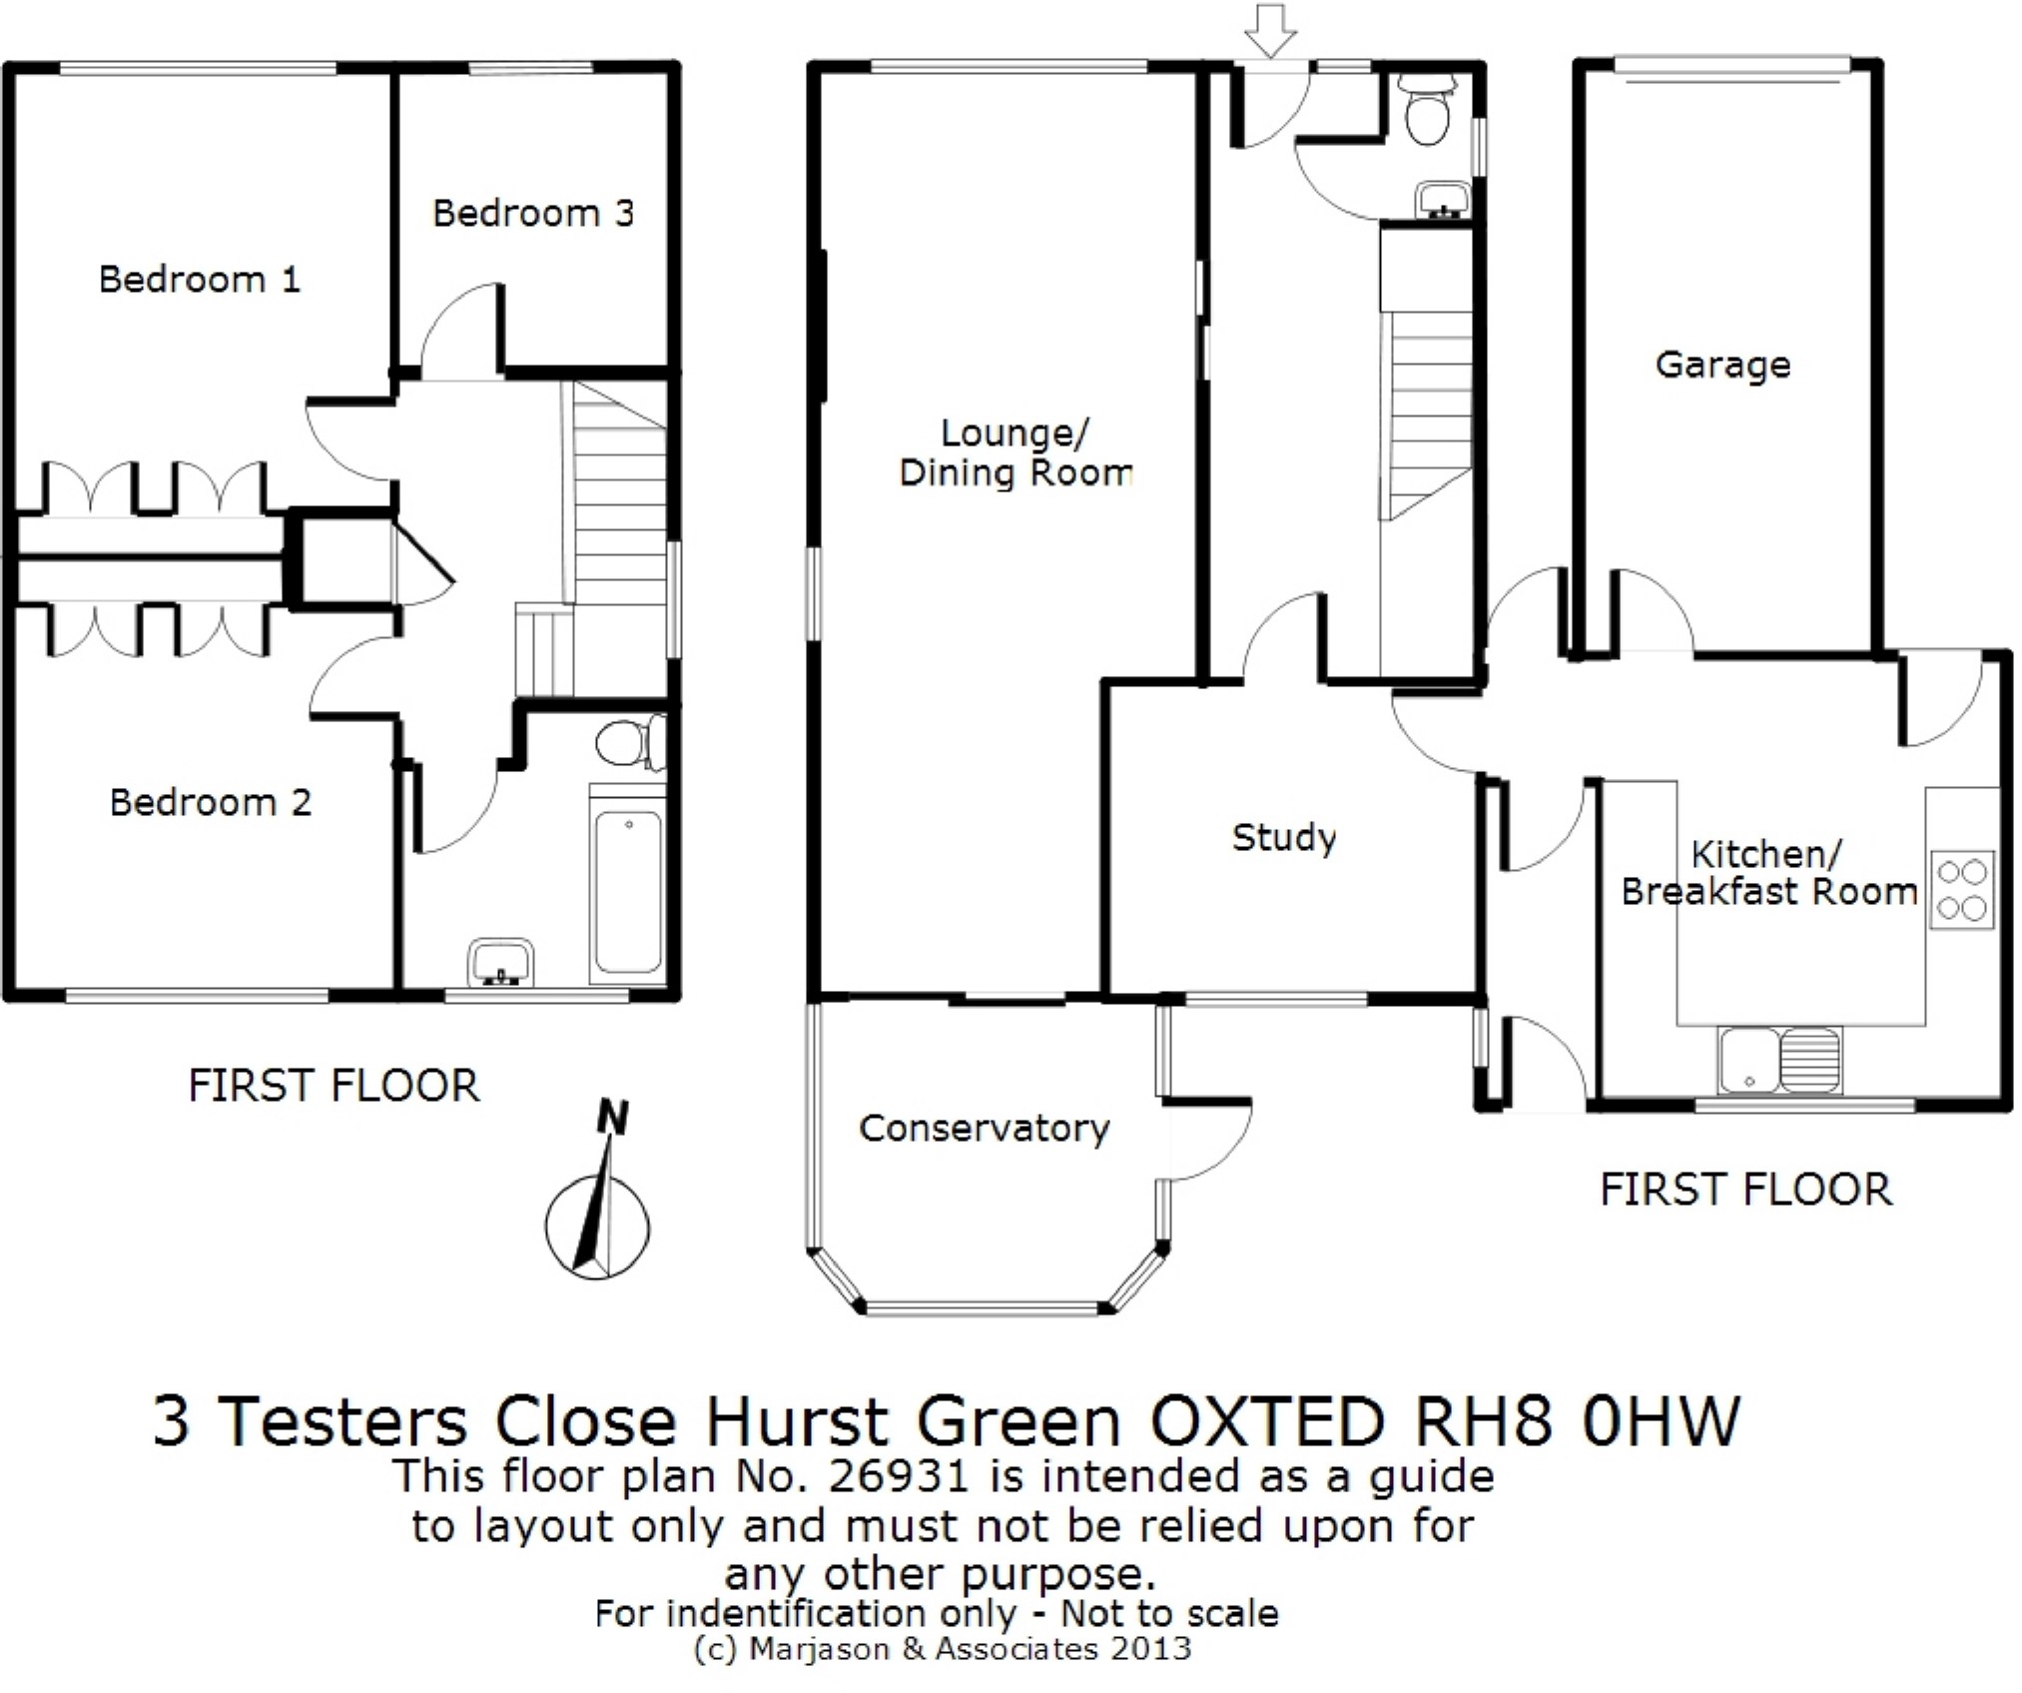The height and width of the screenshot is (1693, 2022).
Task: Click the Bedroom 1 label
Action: click(x=199, y=280)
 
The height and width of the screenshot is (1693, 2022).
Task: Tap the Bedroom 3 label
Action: click(x=532, y=213)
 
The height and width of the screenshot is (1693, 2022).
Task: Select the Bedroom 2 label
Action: click(x=210, y=803)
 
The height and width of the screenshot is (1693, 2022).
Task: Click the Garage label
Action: click(x=1722, y=366)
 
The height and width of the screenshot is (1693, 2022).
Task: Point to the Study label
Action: click(x=1283, y=838)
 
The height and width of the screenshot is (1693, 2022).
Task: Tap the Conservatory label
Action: click(x=984, y=1129)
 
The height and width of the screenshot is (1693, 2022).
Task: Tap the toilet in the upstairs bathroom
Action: click(x=627, y=742)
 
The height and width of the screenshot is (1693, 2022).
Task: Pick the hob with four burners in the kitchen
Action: click(x=1961, y=890)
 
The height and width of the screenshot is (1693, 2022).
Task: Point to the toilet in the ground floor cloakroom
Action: click(x=1428, y=111)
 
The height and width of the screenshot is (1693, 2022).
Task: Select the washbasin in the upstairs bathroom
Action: click(x=500, y=962)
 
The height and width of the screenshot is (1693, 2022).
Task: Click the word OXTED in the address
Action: click(x=1267, y=1421)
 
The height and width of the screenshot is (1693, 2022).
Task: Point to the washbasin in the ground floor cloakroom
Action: click(x=1443, y=200)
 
